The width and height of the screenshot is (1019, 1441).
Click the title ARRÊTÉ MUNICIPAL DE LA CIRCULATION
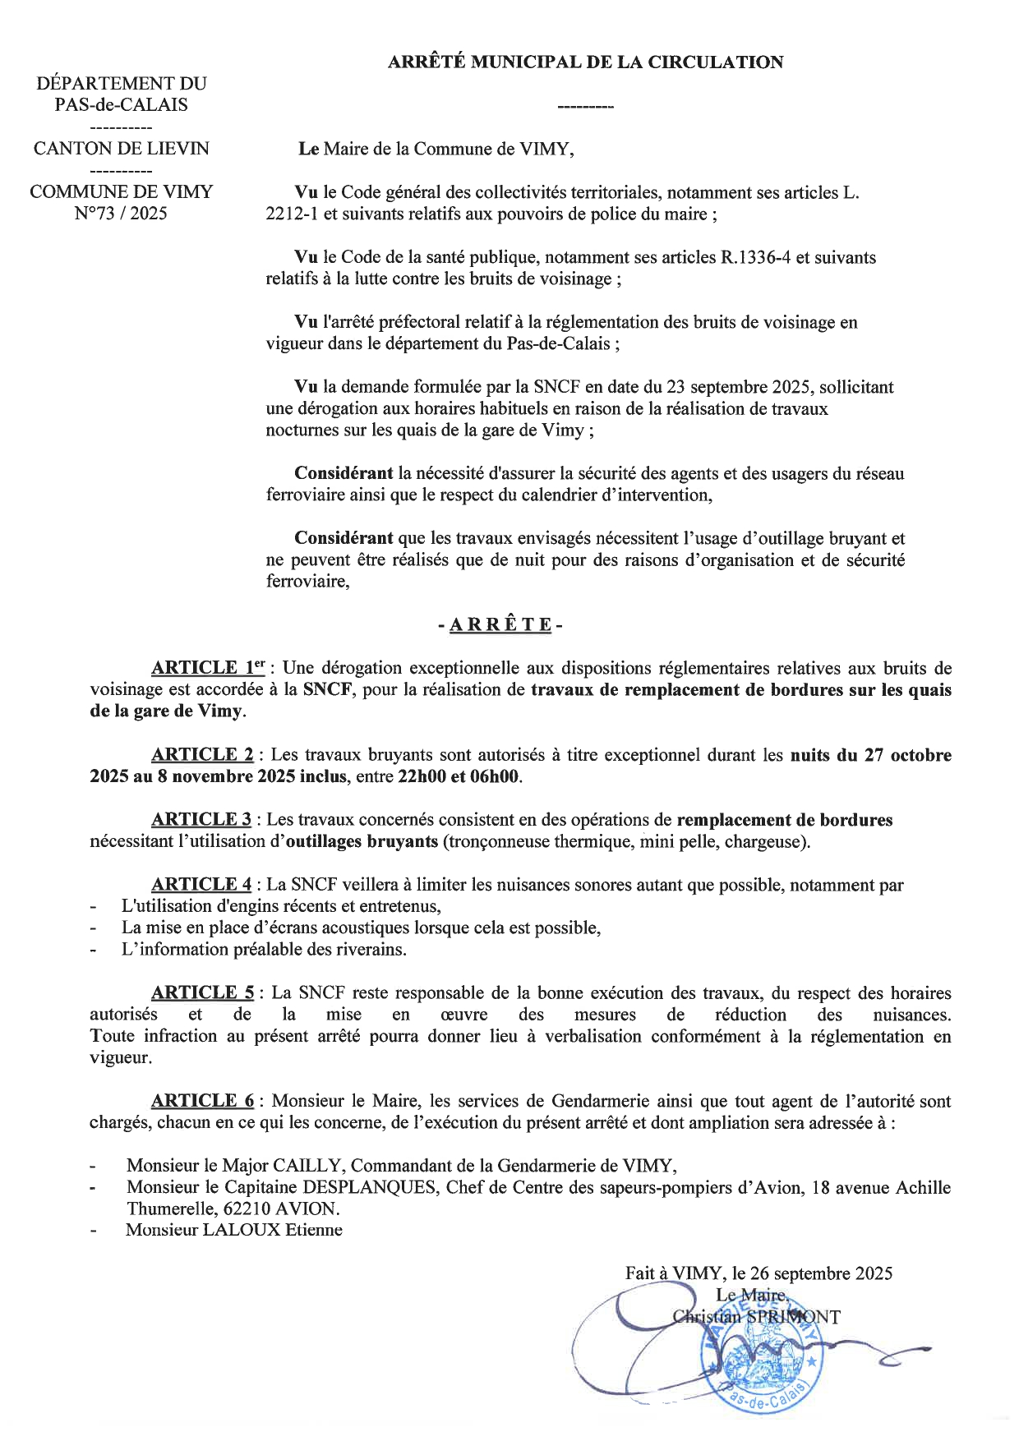pos(585,62)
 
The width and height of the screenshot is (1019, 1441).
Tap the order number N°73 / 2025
pos(121,214)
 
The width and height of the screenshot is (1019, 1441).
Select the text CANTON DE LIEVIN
pos(121,149)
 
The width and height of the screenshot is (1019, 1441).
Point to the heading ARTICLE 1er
pos(207,668)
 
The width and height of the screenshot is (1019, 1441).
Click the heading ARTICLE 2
pos(202,754)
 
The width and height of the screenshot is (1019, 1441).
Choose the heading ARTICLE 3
pos(201,819)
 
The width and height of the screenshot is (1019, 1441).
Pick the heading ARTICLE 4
pos(201,885)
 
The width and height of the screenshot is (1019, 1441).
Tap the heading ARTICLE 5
pos(202,992)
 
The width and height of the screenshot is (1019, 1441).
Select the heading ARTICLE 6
pos(202,1101)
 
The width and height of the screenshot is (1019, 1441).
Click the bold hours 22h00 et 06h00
pos(459,776)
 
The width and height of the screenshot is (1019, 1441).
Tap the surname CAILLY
pos(308,1165)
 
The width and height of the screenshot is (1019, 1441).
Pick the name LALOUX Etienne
pos(233,1230)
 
